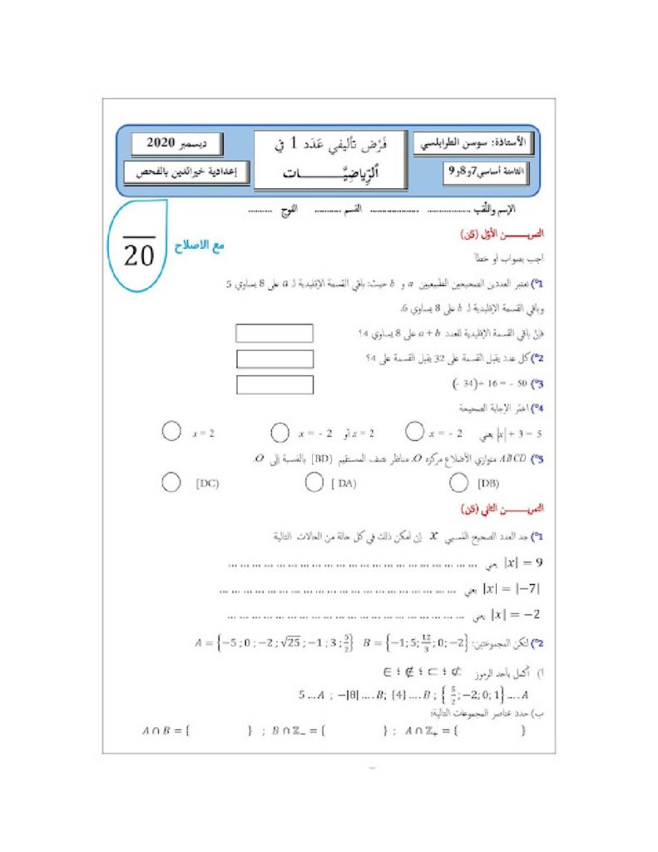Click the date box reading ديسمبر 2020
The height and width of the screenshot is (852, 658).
(x=176, y=143)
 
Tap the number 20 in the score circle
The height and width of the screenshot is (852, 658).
(x=139, y=255)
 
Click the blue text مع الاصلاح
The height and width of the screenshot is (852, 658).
(x=200, y=245)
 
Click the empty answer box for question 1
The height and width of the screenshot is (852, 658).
(x=275, y=333)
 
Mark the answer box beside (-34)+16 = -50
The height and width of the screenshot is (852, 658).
(x=275, y=385)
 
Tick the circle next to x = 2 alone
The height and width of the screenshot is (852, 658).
(x=171, y=431)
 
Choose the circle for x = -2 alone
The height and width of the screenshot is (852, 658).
(x=415, y=431)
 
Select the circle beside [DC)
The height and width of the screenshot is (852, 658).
(x=171, y=482)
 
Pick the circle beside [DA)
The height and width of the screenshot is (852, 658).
(x=314, y=482)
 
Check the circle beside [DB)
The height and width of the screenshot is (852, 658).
(x=458, y=482)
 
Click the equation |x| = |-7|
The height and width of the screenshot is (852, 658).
(x=508, y=589)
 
